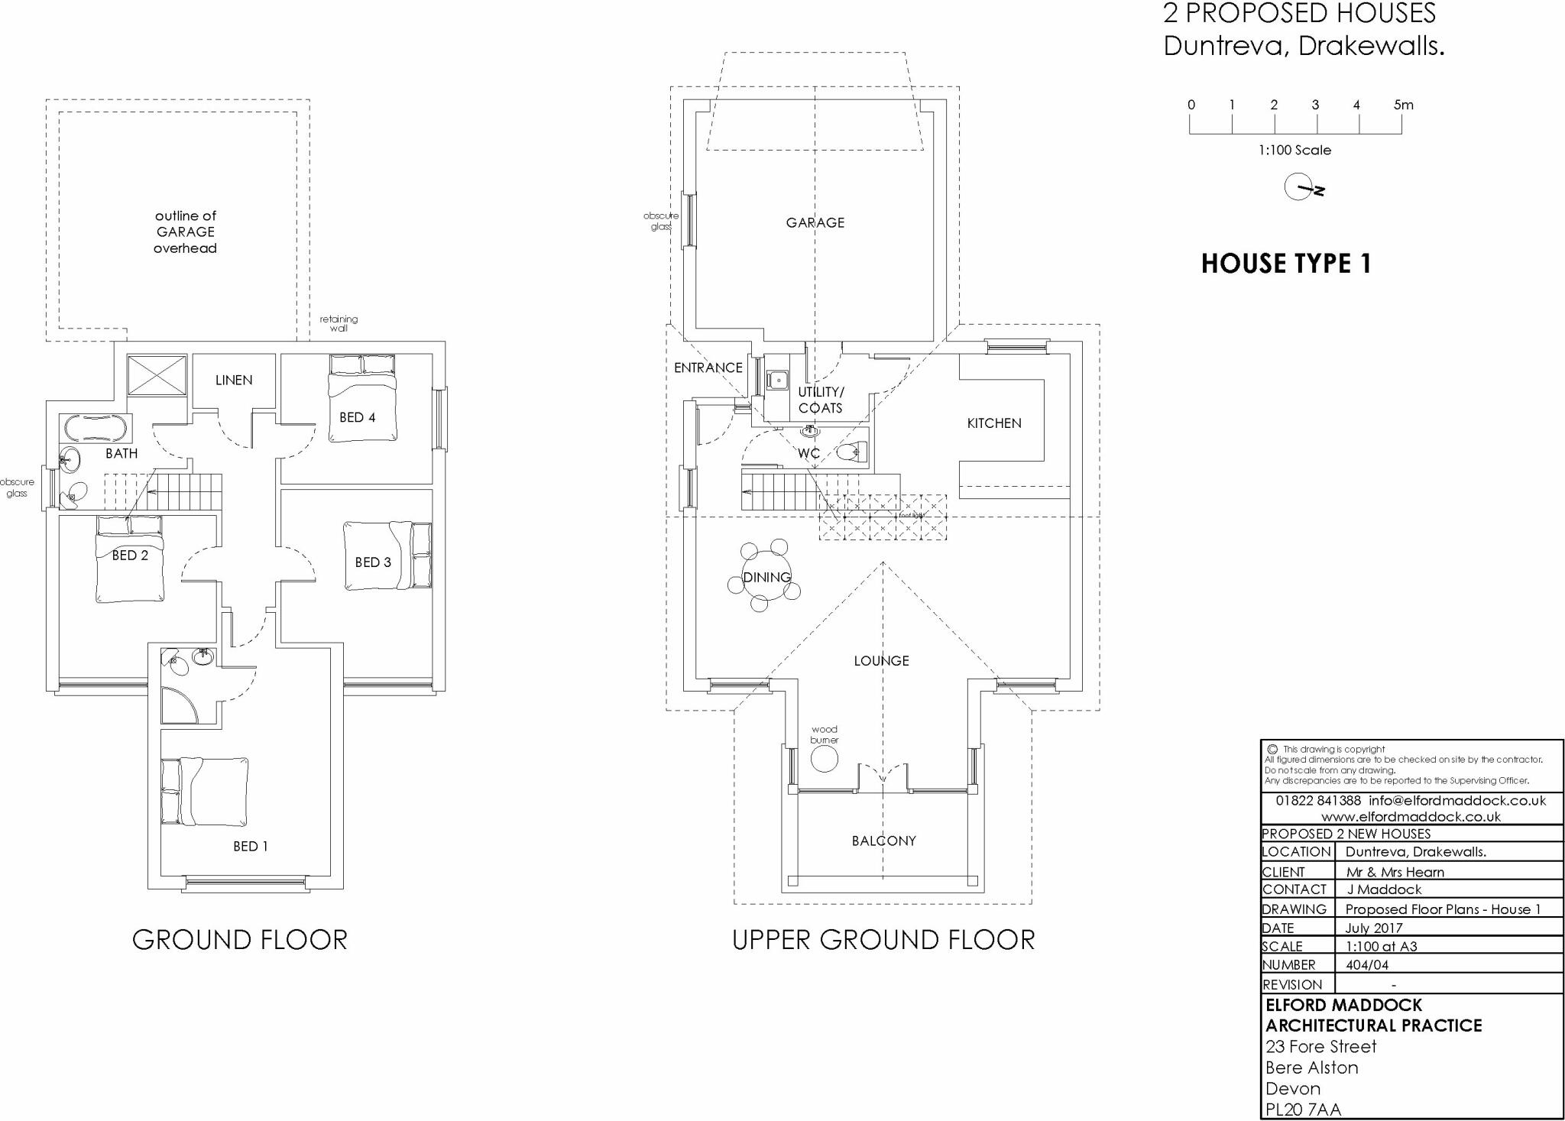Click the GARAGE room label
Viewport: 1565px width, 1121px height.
(815, 222)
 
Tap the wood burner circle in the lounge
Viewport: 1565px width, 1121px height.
(824, 759)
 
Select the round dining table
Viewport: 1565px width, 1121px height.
(766, 576)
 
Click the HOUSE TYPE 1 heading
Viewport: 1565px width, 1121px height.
(1286, 264)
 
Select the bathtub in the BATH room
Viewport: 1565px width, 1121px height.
(96, 428)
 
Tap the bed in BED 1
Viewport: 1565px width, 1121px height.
(205, 792)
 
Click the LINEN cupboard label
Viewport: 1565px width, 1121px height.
(233, 380)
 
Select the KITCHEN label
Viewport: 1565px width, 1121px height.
(993, 423)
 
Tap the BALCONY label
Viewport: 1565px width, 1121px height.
(883, 841)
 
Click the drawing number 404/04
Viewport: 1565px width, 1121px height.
(1367, 964)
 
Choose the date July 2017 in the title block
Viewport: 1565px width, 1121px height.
(1373, 928)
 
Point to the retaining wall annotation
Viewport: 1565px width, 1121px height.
(339, 323)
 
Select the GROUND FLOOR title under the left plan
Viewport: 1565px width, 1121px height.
(239, 939)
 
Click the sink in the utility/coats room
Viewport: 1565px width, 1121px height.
(778, 378)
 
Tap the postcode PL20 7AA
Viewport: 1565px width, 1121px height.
(1303, 1109)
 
